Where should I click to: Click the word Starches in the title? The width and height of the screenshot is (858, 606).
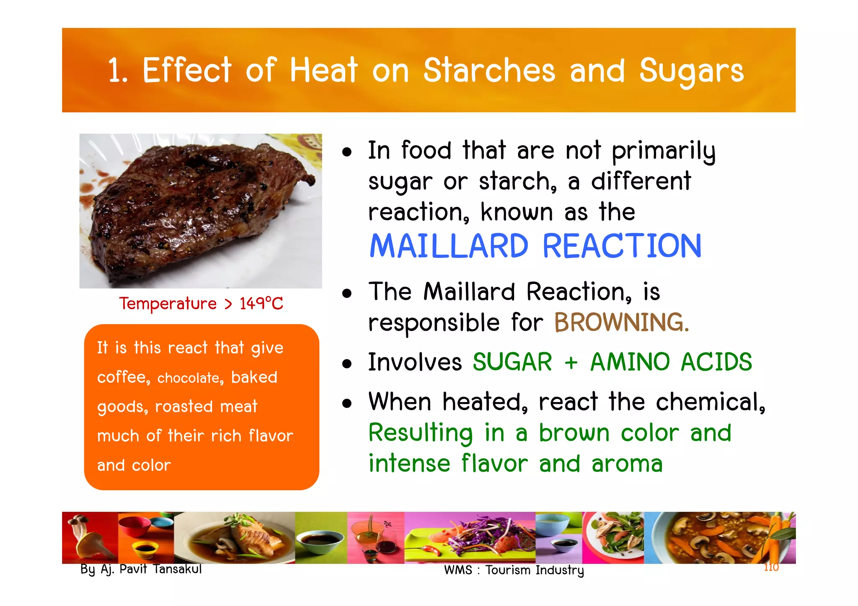tap(489, 70)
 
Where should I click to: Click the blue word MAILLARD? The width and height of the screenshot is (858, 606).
tap(449, 246)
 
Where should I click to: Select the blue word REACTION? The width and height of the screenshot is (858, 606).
tap(622, 246)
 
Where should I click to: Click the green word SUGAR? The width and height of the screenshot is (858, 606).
tap(512, 362)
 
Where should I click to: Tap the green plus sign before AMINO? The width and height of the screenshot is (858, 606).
tap(571, 363)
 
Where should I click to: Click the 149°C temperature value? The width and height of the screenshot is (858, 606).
tap(261, 304)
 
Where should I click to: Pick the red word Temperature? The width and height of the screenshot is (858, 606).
tap(168, 304)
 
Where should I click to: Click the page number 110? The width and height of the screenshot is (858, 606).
tap(771, 567)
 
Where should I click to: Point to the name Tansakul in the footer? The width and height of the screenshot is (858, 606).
tap(177, 569)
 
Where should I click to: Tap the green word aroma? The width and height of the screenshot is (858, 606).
tap(627, 464)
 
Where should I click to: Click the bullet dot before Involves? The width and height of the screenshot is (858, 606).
tap(346, 364)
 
